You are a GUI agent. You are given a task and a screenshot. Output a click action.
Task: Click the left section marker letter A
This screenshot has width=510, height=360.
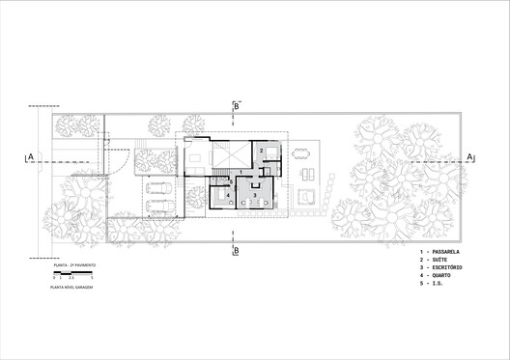(30, 155)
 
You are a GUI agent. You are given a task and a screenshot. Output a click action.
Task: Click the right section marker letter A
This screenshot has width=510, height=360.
(469, 155)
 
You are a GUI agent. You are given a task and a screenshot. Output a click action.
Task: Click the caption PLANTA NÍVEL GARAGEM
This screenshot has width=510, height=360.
(71, 288)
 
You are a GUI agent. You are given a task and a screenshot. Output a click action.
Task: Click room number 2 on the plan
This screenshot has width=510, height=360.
(261, 151)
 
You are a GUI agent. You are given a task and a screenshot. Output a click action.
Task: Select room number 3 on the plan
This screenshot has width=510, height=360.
(254, 195)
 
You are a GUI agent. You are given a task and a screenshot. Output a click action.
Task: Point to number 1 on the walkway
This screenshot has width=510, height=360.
(241, 172)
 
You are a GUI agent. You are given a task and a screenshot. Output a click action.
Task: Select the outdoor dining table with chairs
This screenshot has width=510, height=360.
(302, 152)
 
